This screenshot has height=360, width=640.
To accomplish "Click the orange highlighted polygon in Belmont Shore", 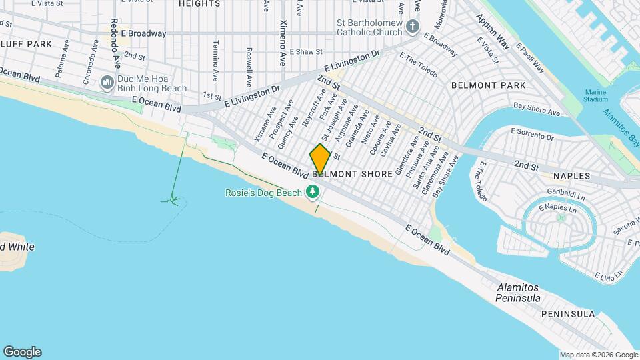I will coord(320,159).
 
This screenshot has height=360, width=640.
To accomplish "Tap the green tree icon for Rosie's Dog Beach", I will coord(312,193).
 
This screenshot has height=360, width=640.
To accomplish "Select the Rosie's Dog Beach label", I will coord(263,193).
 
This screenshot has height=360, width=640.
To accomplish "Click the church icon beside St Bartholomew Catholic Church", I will coord(413,27).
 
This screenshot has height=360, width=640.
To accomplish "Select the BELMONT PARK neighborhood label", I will coord(488,85).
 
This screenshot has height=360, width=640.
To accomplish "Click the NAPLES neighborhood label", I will coord(571,175).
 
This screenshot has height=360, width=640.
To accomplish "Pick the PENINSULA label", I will coord(567,313).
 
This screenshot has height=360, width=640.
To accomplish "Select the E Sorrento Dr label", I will coord(532,136).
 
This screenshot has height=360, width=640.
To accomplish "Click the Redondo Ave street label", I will coord(116,43).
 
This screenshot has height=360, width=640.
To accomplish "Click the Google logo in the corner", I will coord(22,352).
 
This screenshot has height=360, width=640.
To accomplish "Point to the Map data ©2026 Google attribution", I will coord(598,355).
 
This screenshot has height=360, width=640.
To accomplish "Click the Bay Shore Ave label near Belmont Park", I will coord(535,107).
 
